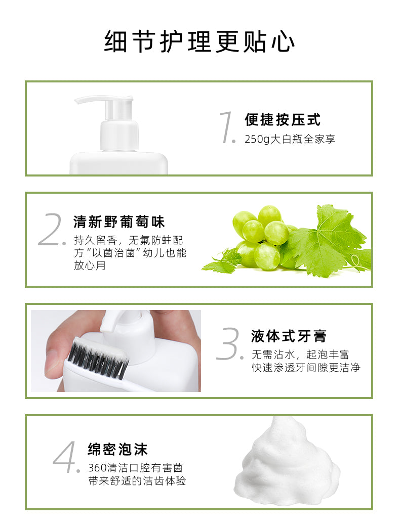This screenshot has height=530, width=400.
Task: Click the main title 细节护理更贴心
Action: pos(199,41)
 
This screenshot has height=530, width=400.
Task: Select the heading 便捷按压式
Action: pos(282,120)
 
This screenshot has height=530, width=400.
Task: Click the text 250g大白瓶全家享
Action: pos(290,139)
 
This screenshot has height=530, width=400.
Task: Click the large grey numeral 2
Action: pos(52,229)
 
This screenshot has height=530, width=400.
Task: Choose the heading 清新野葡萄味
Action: pos(119,222)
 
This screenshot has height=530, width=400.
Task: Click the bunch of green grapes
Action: pos(262,237)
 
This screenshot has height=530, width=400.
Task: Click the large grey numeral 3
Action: pos(229,343)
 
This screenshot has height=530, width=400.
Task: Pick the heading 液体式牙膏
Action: pos(289,336)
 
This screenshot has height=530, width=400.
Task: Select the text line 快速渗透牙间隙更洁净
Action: pos(306,368)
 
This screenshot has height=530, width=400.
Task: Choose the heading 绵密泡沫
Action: pos(118,449)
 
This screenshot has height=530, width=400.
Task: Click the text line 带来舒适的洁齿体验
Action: pos(137,480)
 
